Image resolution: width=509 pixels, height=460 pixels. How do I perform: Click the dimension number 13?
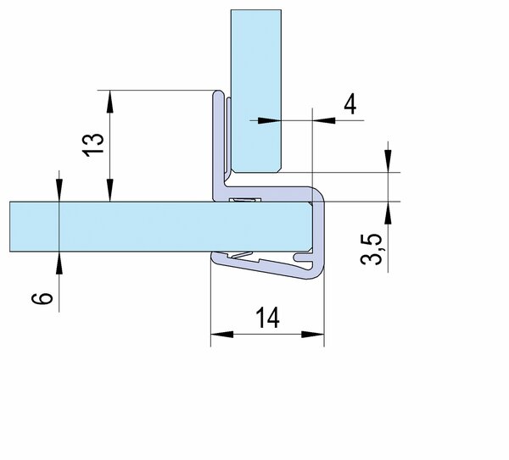point(94,145)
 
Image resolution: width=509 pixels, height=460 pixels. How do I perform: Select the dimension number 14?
point(267,318)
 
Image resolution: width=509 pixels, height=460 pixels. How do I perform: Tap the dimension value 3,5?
point(372,249)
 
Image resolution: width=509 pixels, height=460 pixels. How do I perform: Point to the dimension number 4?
point(350,104)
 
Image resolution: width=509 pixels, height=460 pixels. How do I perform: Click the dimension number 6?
point(42,298)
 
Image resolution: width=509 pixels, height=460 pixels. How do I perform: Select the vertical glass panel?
point(256,91)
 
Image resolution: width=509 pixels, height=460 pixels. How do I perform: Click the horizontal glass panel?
point(160,226)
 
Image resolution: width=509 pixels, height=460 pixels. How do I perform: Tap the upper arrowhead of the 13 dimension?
point(110,102)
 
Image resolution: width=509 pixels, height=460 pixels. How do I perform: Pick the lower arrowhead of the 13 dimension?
point(110,191)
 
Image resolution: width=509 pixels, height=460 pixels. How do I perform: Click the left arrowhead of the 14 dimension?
point(222,335)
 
